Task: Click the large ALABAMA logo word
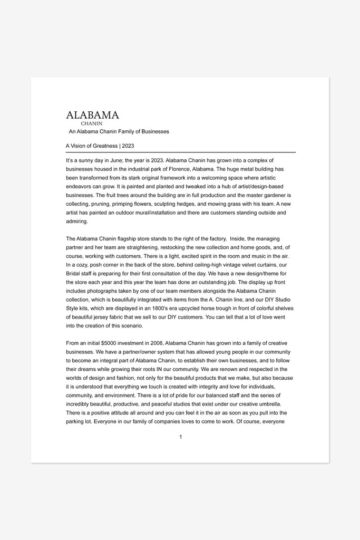[x=92, y=115]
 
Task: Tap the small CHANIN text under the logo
[x=91, y=123]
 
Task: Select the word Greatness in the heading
[x=105, y=146]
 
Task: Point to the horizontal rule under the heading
[x=180, y=152]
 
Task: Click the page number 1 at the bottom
[x=180, y=437]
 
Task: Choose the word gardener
[x=270, y=195]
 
